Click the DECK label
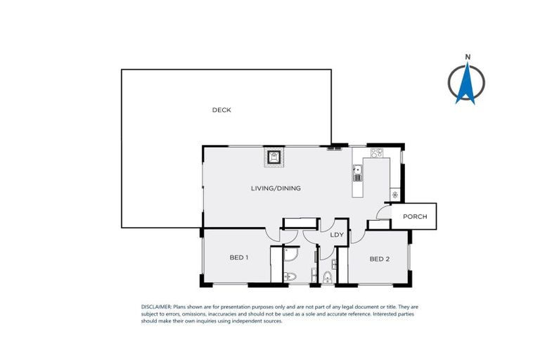coord(221,110)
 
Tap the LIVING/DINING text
coord(276,188)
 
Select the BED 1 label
coord(239,257)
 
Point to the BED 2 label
coord(379,259)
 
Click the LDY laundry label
coord(337,235)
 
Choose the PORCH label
coord(415,217)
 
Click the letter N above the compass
coord(466,56)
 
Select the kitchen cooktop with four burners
coord(376,152)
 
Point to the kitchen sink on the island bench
coord(357,169)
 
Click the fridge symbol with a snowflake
coord(395,195)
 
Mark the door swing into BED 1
coord(273,236)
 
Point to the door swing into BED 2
coord(358,236)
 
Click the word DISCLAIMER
coord(156,307)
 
